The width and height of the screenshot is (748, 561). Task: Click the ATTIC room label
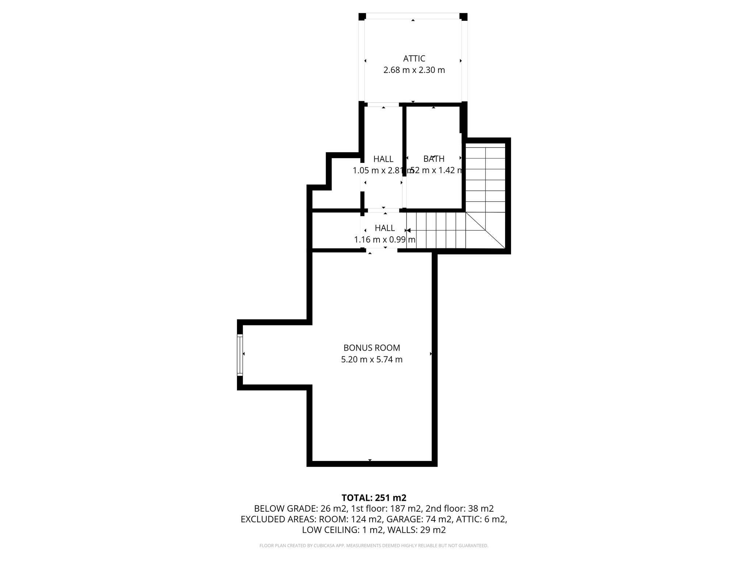coord(414,58)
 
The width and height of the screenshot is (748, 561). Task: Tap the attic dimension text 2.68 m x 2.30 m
coord(414,70)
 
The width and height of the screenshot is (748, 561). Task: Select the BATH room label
coord(434,159)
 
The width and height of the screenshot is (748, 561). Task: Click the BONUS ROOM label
coord(371,348)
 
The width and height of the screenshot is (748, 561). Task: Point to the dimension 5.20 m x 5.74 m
coord(371,359)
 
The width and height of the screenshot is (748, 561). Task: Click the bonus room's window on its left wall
coord(240,355)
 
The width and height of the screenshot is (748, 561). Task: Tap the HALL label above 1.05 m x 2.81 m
coord(383,159)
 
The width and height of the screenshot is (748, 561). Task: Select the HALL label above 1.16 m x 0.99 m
coord(385,228)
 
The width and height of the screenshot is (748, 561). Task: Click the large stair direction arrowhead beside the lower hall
coord(409,230)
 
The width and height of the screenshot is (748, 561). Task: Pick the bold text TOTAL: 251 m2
coord(374,497)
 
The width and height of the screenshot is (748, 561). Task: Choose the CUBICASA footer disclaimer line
coord(374,546)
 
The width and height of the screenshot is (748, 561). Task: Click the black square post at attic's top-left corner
coord(362,16)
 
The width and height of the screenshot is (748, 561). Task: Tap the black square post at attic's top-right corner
coord(463,16)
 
